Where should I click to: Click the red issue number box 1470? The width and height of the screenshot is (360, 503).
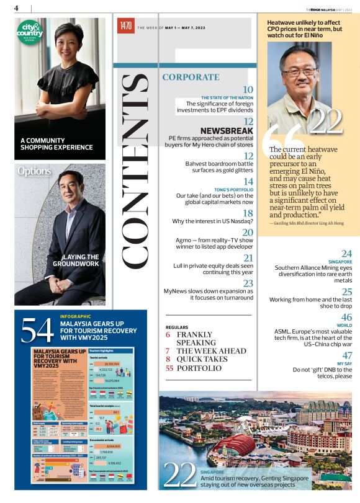click(x=126, y=26)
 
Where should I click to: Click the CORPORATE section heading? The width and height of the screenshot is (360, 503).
click(x=191, y=78)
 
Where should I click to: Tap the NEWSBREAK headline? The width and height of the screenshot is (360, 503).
click(x=227, y=131)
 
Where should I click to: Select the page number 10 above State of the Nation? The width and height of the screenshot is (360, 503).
click(x=248, y=90)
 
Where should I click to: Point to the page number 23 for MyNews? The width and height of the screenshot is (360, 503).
click(x=248, y=283)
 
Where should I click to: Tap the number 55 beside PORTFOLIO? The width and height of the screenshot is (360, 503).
click(x=169, y=368)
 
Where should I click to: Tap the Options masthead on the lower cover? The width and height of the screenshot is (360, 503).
click(x=34, y=170)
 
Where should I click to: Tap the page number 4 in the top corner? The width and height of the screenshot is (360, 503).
click(x=16, y=7)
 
